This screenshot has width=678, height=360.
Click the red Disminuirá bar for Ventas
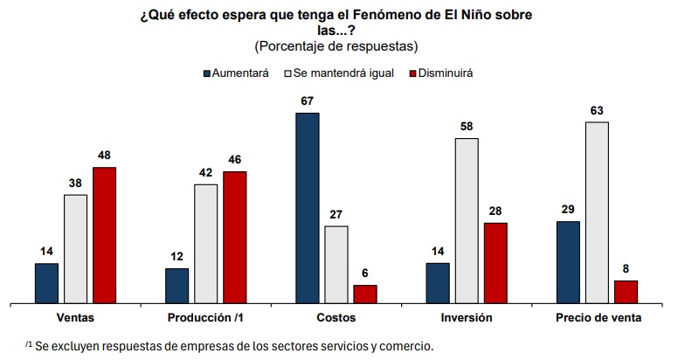click(105, 235)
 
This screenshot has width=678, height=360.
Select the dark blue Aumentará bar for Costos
click(308, 208)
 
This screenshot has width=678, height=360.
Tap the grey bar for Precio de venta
click(597, 213)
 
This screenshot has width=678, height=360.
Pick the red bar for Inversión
click(495, 264)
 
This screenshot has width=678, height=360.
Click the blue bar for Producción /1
click(176, 286)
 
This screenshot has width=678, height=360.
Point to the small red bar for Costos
click(365, 294)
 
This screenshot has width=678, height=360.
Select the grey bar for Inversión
click(467, 221)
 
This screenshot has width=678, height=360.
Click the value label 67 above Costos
click(307, 101)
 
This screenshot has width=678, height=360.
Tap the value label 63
click(597, 111)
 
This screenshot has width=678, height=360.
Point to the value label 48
click(104, 156)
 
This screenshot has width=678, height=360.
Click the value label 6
click(365, 273)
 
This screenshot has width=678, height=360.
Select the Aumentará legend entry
click(236, 73)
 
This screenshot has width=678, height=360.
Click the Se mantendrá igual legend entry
click(339, 73)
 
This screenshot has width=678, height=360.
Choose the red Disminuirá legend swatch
click(412, 73)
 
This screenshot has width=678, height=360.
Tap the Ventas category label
click(75, 317)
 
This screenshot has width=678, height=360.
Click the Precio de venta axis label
click(598, 317)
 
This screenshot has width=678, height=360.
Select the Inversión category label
click(467, 317)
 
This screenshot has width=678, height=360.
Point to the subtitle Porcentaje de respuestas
click(336, 46)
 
